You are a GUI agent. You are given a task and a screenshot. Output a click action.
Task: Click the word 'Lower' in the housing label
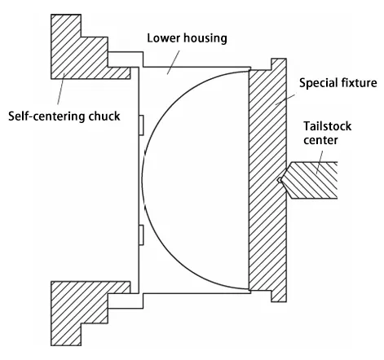[x=162, y=37]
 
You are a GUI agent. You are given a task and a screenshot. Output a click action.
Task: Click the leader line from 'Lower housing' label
[x=163, y=60]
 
